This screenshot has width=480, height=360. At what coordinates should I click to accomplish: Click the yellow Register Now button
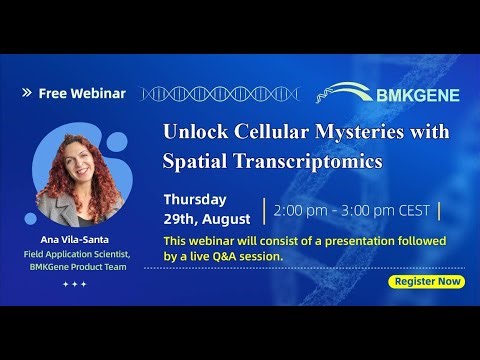tap(429, 281)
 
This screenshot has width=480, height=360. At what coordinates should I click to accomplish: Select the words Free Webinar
tap(82, 94)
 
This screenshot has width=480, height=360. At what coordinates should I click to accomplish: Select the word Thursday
tap(194, 199)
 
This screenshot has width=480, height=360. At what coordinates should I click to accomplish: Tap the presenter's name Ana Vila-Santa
tap(76, 239)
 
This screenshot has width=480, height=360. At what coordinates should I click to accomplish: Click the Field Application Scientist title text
tap(76, 253)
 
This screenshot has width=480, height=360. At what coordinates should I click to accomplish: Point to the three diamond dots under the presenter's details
tap(75, 285)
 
